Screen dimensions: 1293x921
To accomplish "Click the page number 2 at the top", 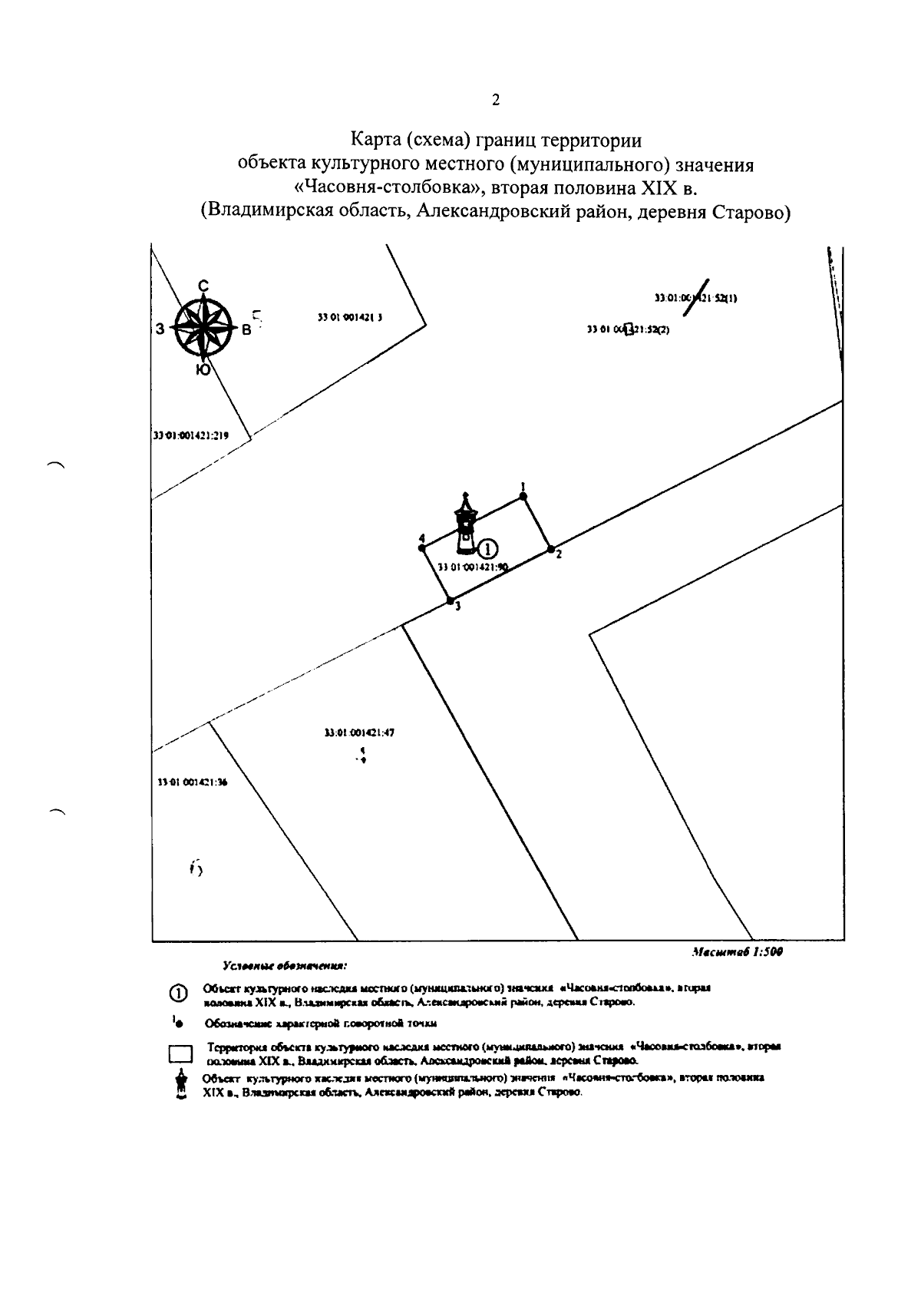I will [495, 100].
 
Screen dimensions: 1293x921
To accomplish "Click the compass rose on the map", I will [202, 327].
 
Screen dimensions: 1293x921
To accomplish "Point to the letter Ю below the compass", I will [203, 370].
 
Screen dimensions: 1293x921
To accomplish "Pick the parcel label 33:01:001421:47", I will [359, 732].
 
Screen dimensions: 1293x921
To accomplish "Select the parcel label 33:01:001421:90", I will [473, 567].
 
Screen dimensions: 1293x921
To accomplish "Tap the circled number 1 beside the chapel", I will [488, 547].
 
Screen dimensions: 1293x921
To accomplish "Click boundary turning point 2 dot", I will [550, 548].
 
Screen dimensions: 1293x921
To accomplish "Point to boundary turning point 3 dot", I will [451, 600].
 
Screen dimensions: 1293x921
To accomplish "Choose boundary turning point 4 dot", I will [423, 547].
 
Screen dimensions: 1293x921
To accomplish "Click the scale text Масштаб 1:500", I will [736, 951].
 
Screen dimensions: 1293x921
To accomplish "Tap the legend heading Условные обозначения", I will [285, 964].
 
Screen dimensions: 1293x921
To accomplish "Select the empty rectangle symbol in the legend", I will [180, 1053].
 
